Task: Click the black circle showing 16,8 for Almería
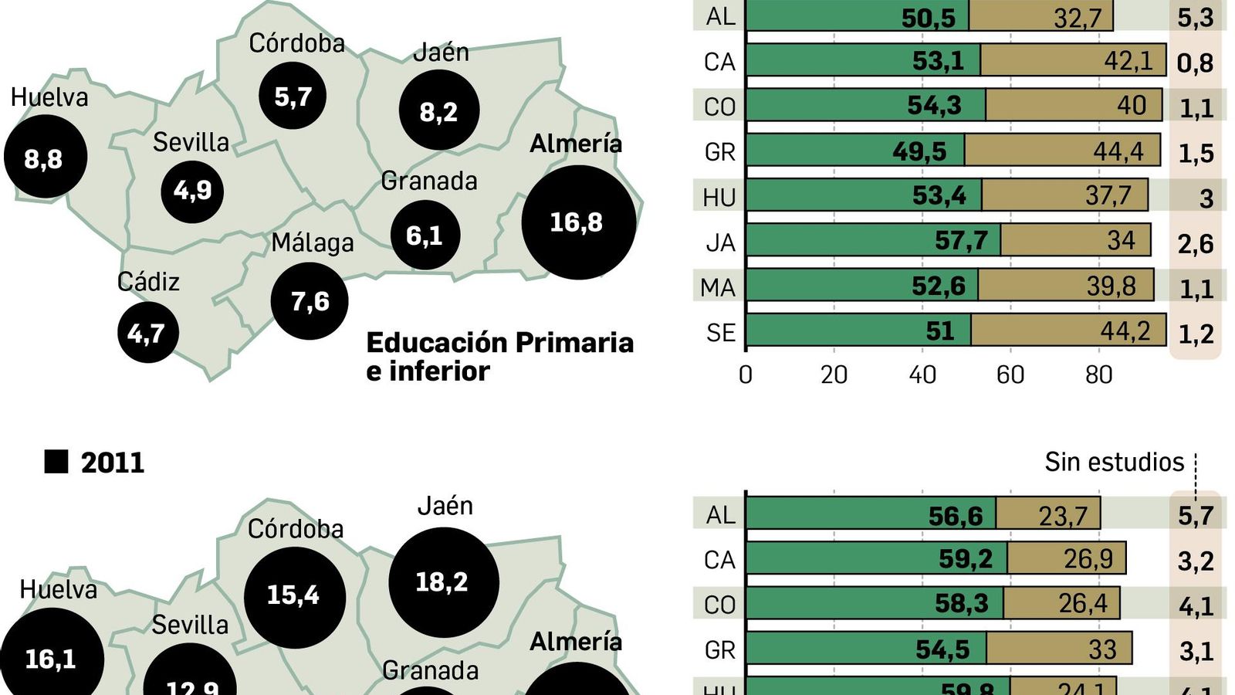(579, 222)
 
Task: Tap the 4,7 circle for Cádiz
(147, 333)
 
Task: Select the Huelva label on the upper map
(49, 97)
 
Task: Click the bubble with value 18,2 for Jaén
(443, 581)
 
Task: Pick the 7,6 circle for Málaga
(310, 301)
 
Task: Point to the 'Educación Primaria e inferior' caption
(499, 357)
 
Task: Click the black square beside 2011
(56, 462)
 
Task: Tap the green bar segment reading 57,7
(873, 240)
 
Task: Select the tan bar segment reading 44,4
(1062, 151)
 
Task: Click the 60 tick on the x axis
(1010, 375)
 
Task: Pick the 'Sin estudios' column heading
(1113, 462)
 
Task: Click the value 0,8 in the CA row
(1195, 63)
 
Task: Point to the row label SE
(720, 333)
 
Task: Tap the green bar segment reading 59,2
(876, 558)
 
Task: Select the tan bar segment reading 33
(1059, 649)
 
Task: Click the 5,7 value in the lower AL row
(1196, 515)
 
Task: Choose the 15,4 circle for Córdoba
(294, 595)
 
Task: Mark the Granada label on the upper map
(429, 181)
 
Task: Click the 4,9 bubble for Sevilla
(192, 190)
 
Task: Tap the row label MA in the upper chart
(718, 287)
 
